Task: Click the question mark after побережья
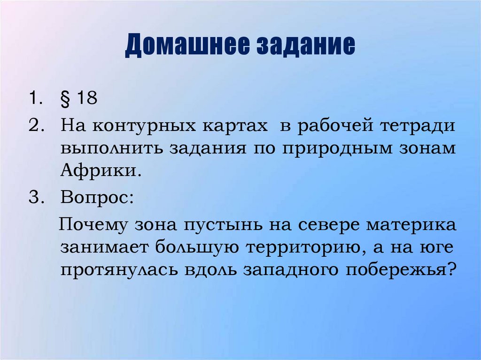(x=452, y=269)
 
